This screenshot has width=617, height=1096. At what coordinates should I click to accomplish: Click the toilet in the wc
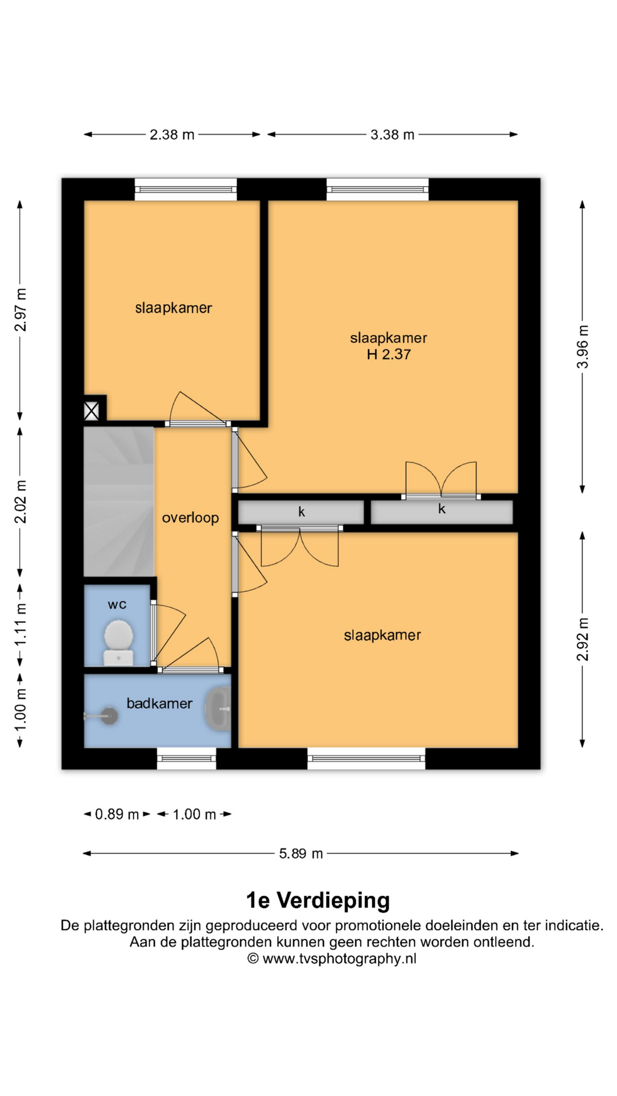118,643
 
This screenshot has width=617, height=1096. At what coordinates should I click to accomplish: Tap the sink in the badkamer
218,709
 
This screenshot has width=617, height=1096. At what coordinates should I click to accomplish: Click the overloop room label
190,518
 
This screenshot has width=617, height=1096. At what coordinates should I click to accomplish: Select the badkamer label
159,703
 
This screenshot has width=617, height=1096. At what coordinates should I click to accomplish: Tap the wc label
117,605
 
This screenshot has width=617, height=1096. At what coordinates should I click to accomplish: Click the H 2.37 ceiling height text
388,354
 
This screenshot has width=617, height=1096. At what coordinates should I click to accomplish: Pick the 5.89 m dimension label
301,853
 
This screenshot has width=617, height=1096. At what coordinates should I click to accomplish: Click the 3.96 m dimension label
582,347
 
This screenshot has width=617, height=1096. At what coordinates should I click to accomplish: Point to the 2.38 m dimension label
172,135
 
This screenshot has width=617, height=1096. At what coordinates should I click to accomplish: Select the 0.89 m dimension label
117,814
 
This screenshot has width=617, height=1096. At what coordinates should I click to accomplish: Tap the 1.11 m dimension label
20,625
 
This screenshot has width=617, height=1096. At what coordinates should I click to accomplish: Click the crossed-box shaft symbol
91,411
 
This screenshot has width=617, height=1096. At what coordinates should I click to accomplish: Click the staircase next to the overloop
119,502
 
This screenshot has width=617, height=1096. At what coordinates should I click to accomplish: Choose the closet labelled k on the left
301,512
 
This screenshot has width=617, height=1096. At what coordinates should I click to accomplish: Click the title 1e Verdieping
318,900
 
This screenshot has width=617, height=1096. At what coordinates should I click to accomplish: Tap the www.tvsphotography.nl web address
339,958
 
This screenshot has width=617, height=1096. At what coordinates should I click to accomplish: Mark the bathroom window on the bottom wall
187,759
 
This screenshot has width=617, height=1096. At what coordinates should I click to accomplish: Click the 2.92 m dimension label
582,639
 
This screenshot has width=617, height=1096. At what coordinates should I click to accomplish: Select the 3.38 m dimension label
392,135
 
